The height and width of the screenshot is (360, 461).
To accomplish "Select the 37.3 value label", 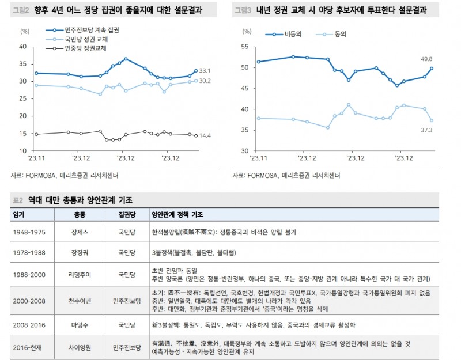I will [x=427, y=130].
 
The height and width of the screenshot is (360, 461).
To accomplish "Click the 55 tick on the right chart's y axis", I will [x=244, y=47].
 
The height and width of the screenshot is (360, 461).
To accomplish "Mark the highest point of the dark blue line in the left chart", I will [x=126, y=59].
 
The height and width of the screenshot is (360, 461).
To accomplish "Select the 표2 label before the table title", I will [x=17, y=200].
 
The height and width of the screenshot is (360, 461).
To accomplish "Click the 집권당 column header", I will [x=126, y=214].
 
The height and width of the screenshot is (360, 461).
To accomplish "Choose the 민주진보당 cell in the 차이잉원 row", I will [x=126, y=347].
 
